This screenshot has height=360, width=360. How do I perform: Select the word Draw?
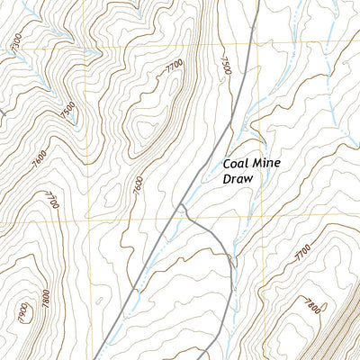(239, 180)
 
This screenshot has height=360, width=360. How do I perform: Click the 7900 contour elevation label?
(23, 313)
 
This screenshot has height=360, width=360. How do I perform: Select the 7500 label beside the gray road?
(225, 63)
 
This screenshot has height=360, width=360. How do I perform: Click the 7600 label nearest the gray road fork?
(137, 184)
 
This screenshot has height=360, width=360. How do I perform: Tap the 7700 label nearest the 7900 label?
(51, 199)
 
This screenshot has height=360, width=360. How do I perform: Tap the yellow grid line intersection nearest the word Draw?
(258, 217)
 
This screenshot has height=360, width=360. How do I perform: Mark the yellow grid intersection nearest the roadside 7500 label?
(257, 47)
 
